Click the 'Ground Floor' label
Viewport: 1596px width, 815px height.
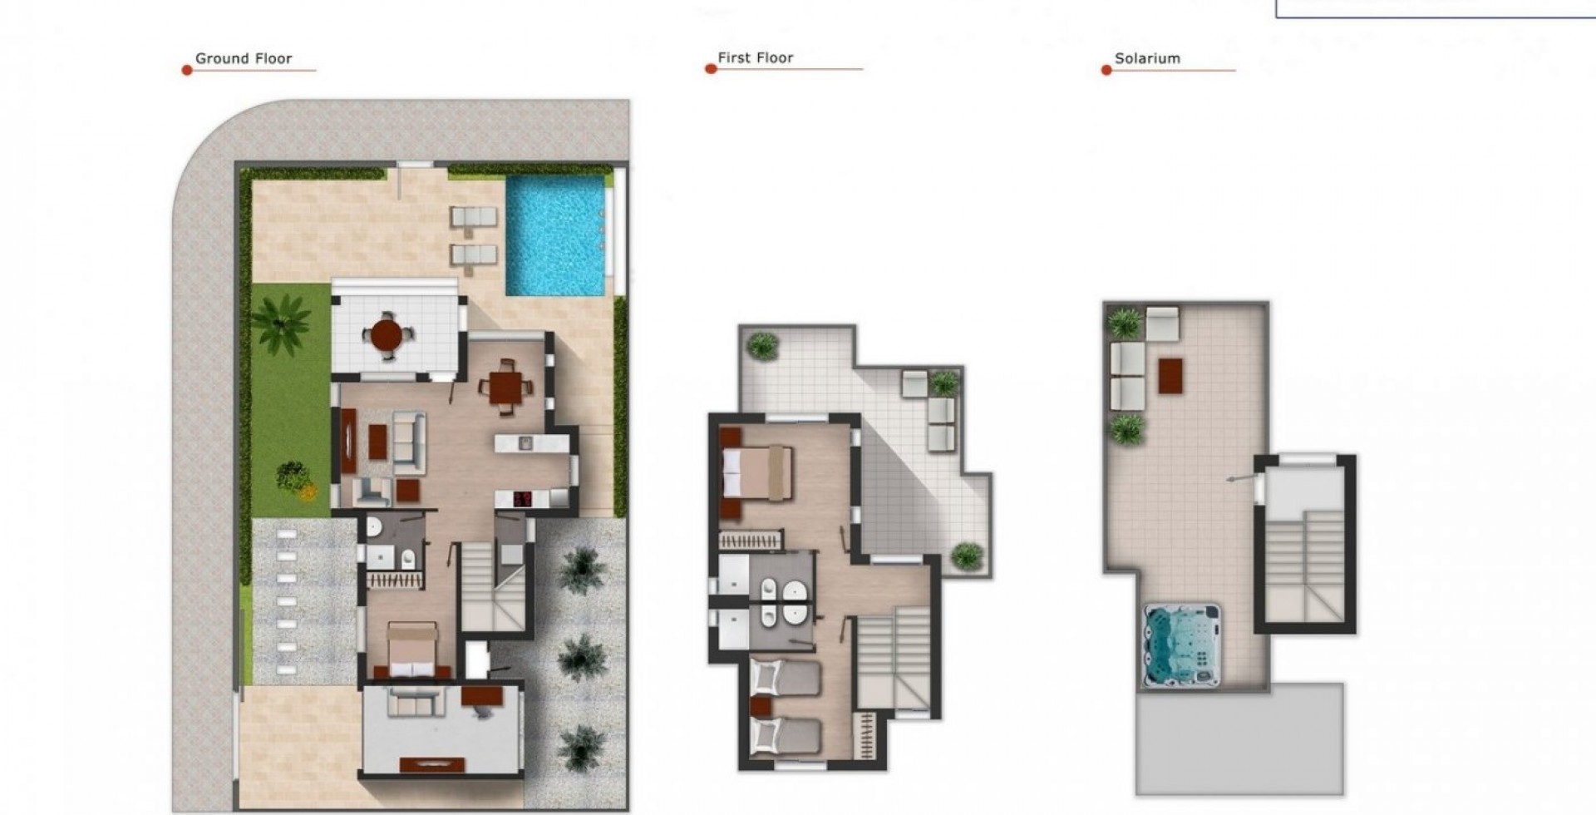pos(244,58)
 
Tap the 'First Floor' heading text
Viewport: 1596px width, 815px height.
pos(756,57)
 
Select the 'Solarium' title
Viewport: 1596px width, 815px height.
pos(1147,58)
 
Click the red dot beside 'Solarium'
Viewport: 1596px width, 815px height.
pos(1106,71)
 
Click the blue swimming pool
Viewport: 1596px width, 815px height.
pos(555,235)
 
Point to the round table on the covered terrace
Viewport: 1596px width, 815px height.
pos(386,335)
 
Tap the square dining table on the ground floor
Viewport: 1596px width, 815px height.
pos(505,387)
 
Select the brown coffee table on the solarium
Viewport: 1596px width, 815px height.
pos(1170,375)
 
